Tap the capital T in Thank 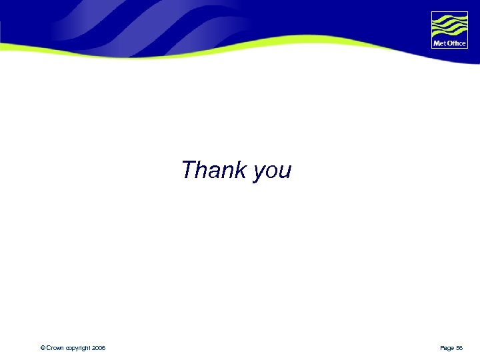[x=189, y=170]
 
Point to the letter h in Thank [x=201, y=170]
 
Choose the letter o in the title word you [x=271, y=172]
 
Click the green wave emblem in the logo [x=449, y=26]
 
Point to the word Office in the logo [x=456, y=43]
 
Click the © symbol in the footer [x=42, y=348]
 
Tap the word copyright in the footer [x=78, y=349]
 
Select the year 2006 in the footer [x=99, y=348]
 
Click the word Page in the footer [x=447, y=349]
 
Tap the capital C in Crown [x=48, y=348]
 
